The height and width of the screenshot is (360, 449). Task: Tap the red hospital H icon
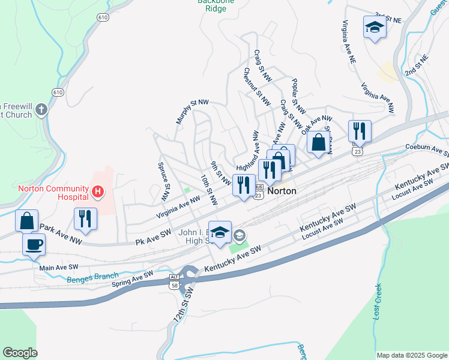[x=98, y=192]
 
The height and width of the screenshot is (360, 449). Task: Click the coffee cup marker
[x=34, y=244]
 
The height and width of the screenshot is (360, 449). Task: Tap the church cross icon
[x=41, y=109]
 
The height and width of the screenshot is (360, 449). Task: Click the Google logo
[x=20, y=353]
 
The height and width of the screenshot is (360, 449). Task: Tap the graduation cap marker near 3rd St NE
[x=375, y=27]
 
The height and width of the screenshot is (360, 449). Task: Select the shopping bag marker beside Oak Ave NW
[x=318, y=143]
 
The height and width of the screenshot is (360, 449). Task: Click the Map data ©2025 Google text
[x=412, y=355]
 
